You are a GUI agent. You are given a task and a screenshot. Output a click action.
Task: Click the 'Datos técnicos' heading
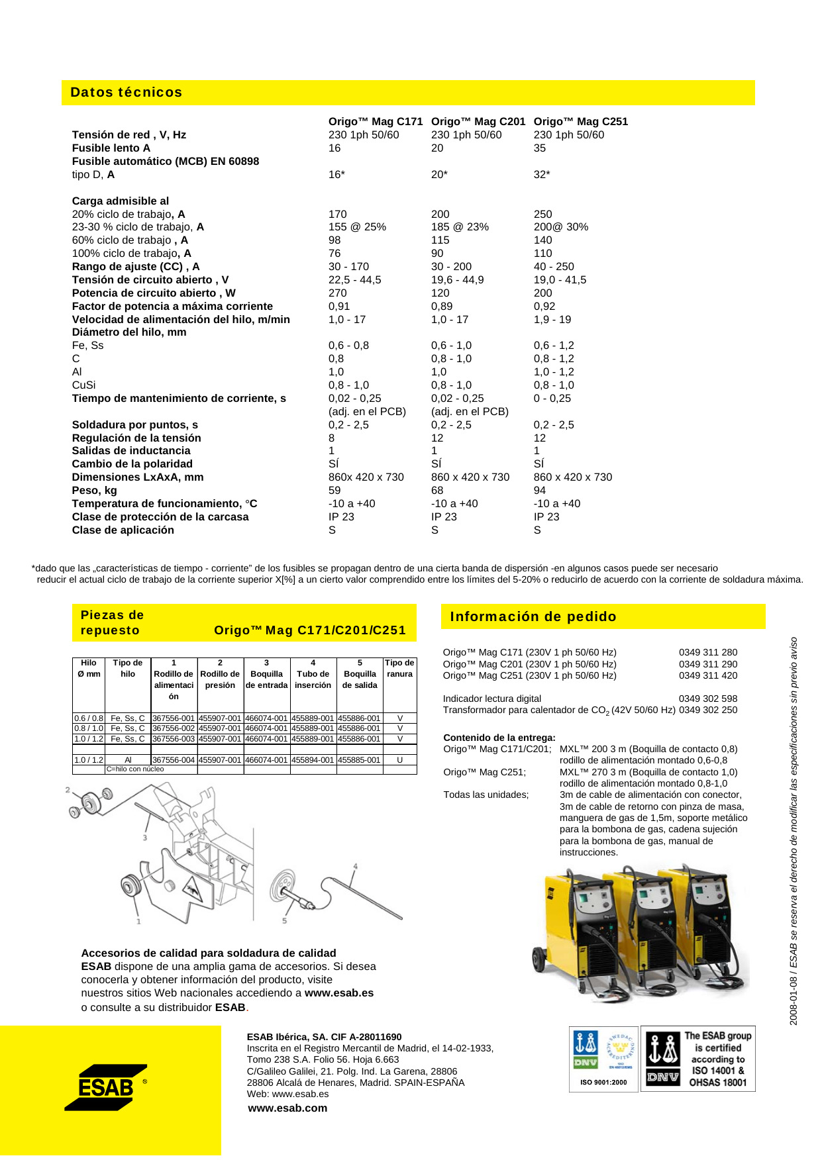126,93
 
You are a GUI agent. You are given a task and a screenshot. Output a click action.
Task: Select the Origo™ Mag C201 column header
478,122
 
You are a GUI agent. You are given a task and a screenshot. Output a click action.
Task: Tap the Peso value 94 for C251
540,491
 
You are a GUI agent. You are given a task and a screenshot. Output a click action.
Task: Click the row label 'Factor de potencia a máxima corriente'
172,307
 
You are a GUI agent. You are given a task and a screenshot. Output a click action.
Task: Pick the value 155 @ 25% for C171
357,227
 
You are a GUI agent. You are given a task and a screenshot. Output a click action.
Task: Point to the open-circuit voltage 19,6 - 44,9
457,280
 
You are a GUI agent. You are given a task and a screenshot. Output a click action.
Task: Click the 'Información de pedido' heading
533,617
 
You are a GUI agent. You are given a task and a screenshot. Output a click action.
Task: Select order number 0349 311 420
707,676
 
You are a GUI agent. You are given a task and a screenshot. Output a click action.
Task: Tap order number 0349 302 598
707,699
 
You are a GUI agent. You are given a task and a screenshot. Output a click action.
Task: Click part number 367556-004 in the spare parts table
174,760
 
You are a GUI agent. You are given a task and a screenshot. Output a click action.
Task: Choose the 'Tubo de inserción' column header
313,679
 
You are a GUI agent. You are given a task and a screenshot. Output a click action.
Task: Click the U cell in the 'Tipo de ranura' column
399,760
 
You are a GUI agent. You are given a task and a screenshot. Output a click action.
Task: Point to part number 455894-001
313,760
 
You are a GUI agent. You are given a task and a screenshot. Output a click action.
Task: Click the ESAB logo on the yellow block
106,1087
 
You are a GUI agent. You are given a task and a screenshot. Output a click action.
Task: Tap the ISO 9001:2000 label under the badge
603,1083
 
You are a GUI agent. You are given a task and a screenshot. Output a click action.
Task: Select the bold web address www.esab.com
287,1108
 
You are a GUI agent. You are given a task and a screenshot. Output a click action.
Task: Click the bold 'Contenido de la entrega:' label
499,738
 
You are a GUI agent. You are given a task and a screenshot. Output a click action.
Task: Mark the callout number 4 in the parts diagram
356,866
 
